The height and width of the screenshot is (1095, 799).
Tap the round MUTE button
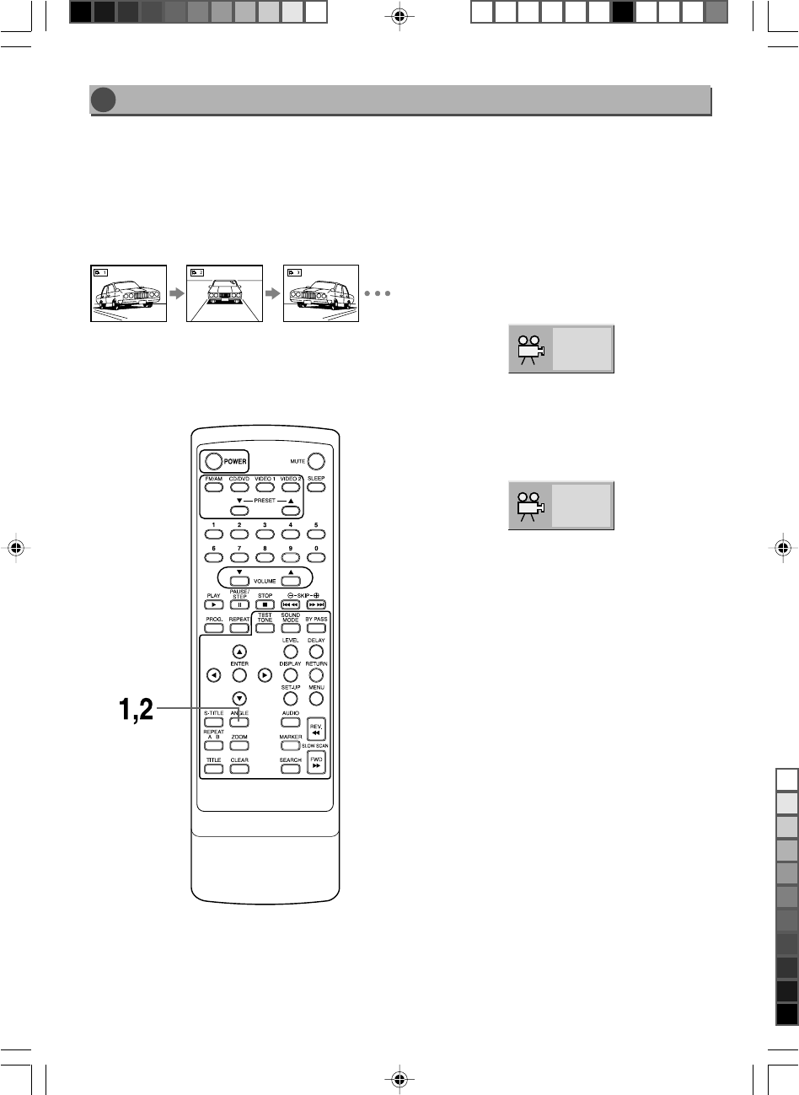[x=316, y=461]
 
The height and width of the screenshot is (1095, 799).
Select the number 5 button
[x=316, y=536]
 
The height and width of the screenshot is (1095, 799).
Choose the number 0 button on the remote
[x=316, y=560]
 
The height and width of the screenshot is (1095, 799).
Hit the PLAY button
[x=214, y=605]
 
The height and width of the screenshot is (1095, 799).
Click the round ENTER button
[x=239, y=675]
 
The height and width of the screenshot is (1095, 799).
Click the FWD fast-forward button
[x=316, y=763]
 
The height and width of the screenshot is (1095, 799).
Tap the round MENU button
[x=316, y=698]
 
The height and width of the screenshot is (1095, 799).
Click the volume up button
[x=291, y=581]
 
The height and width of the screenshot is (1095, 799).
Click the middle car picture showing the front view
[x=224, y=293]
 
